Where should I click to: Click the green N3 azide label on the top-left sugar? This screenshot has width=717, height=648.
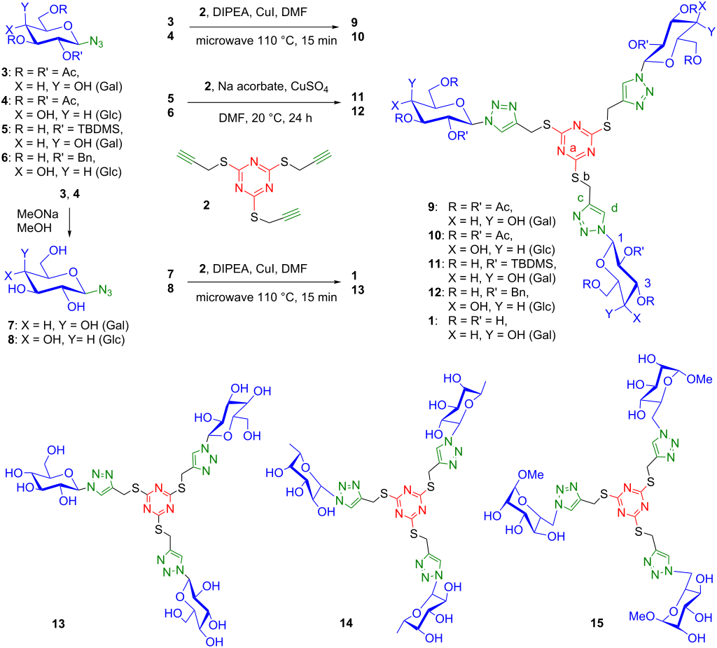tap(97, 42)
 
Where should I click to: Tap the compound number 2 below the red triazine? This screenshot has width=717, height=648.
tap(207, 205)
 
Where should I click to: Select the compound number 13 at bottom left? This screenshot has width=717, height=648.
tap(59, 623)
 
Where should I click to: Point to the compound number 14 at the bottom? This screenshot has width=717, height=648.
tap(346, 623)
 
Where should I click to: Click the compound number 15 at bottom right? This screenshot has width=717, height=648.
tap(597, 623)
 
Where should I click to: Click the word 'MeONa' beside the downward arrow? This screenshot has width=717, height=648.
tap(38, 214)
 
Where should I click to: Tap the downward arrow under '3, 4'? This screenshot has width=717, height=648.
tap(69, 223)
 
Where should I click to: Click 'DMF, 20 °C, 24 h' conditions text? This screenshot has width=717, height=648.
tap(265, 118)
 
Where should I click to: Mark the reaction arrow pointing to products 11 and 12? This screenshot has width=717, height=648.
tap(264, 102)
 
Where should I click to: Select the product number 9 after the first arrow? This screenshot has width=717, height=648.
tap(354, 22)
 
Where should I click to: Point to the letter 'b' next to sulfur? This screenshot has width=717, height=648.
tap(587, 177)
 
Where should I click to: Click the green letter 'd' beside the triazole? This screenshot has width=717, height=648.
tap(614, 208)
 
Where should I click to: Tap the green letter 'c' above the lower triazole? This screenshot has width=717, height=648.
tap(580, 198)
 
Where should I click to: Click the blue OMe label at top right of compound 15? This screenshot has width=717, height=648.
tap(699, 380)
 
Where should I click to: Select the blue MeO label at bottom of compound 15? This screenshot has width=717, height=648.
tap(641, 616)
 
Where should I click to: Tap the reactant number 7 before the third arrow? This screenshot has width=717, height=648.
tap(171, 274)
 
